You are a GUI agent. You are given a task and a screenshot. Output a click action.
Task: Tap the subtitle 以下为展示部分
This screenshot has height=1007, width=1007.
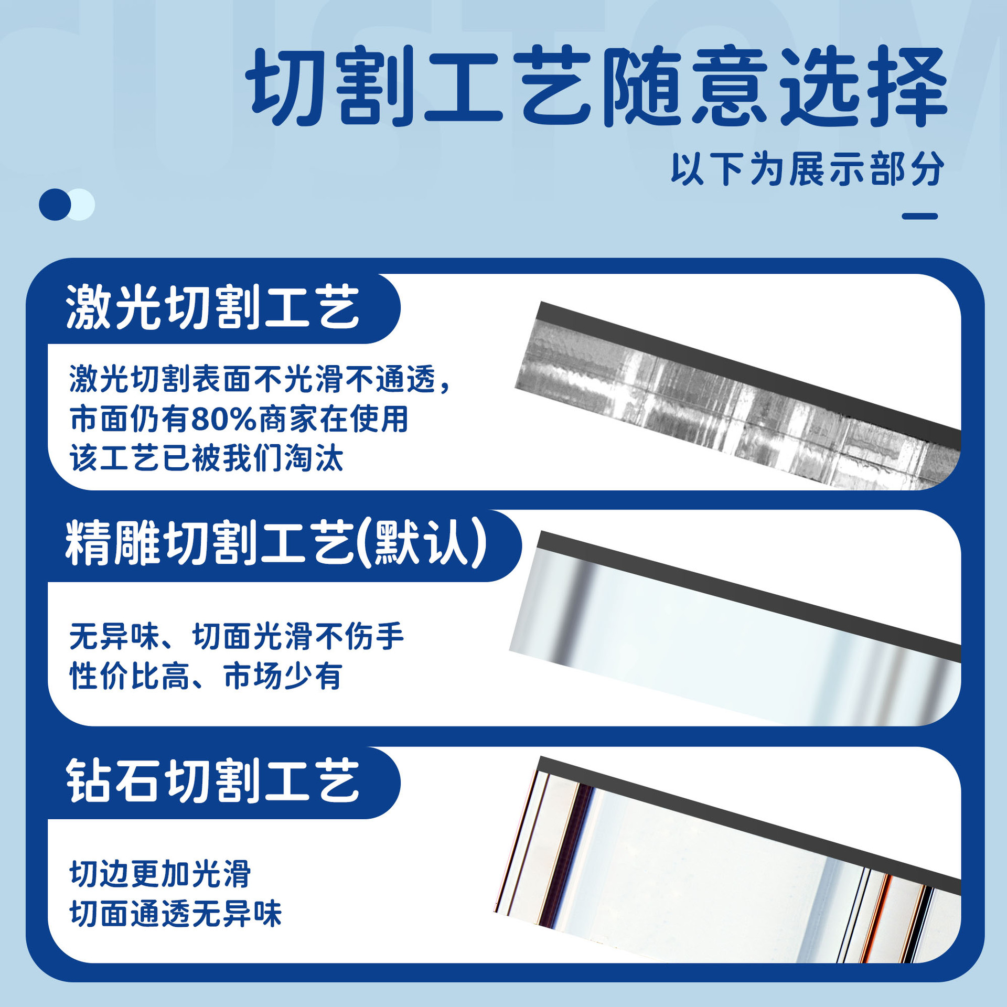tap(808, 169)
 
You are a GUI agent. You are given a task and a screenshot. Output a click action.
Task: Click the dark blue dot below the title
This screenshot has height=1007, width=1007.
tap(55, 205)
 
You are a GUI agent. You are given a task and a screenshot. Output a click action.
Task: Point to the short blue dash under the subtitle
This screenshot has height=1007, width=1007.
tap(920, 216)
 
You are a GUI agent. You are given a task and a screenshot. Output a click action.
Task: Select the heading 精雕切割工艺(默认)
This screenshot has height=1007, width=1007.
tap(276, 543)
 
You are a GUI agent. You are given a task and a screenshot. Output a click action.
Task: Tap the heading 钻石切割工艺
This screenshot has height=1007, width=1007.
tap(212, 781)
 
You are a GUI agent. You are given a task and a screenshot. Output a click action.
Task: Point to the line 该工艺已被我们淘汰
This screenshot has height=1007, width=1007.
tap(207, 458)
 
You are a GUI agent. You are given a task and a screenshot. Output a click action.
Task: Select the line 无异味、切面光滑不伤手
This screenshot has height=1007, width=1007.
tap(237, 637)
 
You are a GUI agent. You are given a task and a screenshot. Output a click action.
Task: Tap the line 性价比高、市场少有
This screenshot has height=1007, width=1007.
tap(206, 676)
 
